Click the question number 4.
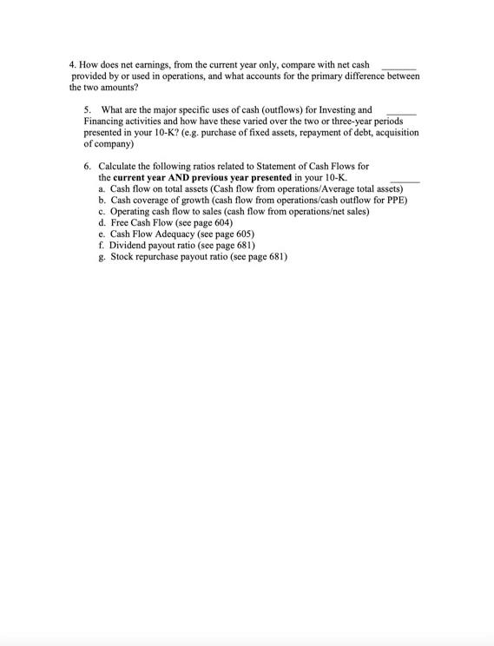[x=72, y=65]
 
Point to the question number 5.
[x=87, y=110]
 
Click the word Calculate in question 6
[x=118, y=166]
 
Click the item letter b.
[x=102, y=200]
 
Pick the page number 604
[x=220, y=222]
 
